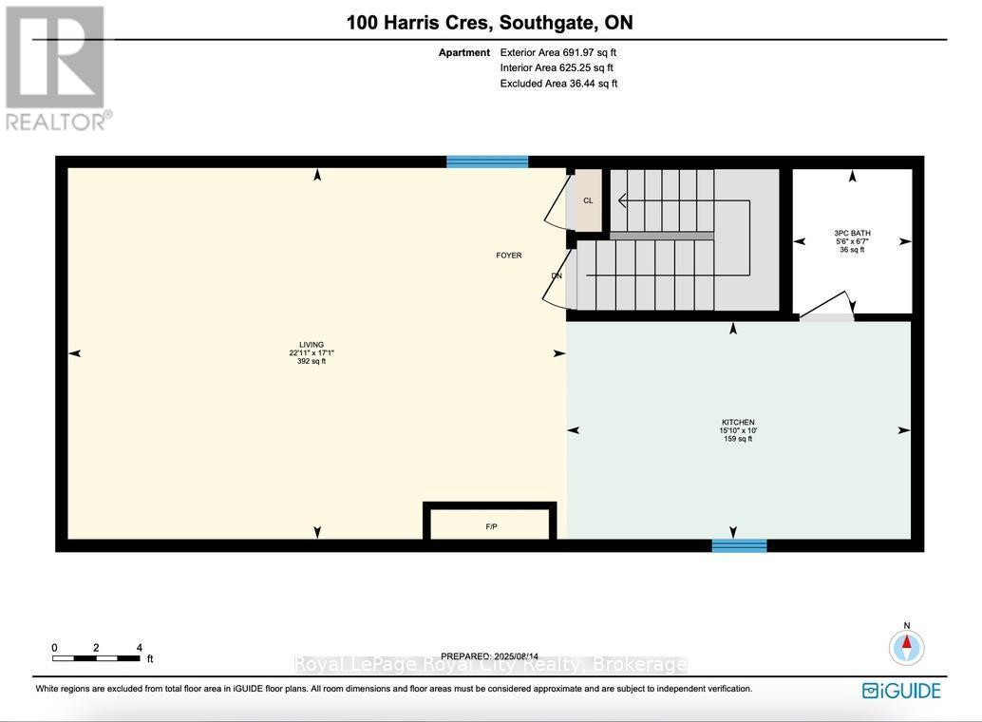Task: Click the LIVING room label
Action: (x=312, y=345)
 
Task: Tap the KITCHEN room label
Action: (x=737, y=422)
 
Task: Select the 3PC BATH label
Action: (x=852, y=233)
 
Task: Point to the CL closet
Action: (x=588, y=200)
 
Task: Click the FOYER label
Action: (x=509, y=256)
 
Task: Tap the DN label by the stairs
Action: (x=557, y=276)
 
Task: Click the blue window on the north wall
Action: (x=487, y=161)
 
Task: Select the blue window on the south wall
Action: (x=739, y=545)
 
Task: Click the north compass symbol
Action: (x=906, y=646)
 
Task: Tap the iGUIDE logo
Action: (x=901, y=691)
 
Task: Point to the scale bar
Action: (x=98, y=657)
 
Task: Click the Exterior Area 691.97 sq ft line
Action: (x=557, y=52)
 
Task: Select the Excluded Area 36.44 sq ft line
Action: (x=558, y=84)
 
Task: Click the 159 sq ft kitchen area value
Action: (x=737, y=439)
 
